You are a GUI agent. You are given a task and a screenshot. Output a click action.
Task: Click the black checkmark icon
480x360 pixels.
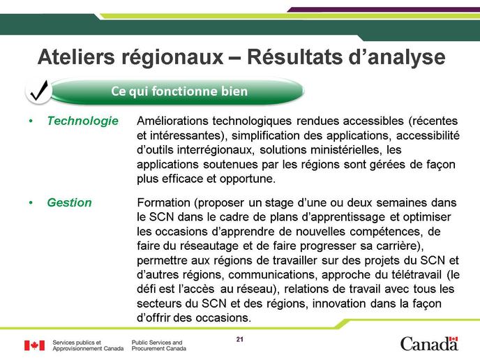[39, 91]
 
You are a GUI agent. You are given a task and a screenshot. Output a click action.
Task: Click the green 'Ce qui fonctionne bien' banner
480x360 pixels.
[177, 91]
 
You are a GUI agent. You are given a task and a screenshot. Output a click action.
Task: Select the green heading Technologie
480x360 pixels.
[82, 121]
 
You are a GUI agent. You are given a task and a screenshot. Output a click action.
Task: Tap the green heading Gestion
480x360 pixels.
[70, 202]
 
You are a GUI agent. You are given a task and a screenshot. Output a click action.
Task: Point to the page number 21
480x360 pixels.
[240, 339]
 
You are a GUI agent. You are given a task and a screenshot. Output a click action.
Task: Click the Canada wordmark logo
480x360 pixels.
[429, 344]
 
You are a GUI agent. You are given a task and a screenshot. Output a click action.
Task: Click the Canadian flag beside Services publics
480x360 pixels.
[35, 345]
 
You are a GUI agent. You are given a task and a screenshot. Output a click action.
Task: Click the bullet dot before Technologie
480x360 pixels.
[31, 121]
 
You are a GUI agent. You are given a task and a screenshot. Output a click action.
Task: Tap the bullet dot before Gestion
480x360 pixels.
[31, 202]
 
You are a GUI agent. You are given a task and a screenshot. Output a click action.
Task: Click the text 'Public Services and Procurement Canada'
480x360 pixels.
[159, 345]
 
